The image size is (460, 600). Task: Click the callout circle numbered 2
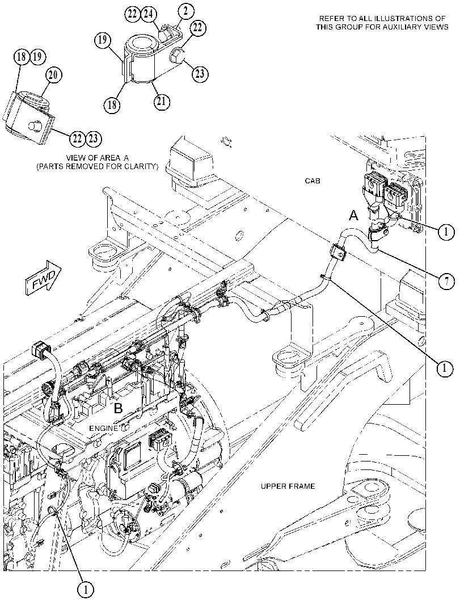(185, 11)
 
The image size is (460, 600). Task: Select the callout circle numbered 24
(149, 15)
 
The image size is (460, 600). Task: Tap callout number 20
(53, 75)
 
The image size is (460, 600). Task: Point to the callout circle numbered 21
(162, 102)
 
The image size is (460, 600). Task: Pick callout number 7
(446, 282)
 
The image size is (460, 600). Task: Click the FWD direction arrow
(44, 277)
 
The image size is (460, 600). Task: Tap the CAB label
(313, 181)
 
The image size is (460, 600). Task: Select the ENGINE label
(104, 428)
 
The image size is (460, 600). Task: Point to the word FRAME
(302, 486)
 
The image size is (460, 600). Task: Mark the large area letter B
(119, 408)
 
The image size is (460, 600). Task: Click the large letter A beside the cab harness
(354, 216)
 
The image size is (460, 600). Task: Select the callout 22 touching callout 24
(132, 15)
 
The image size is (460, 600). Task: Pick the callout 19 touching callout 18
(37, 57)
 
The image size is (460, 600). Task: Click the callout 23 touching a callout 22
(93, 138)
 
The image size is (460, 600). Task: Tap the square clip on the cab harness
(337, 252)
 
